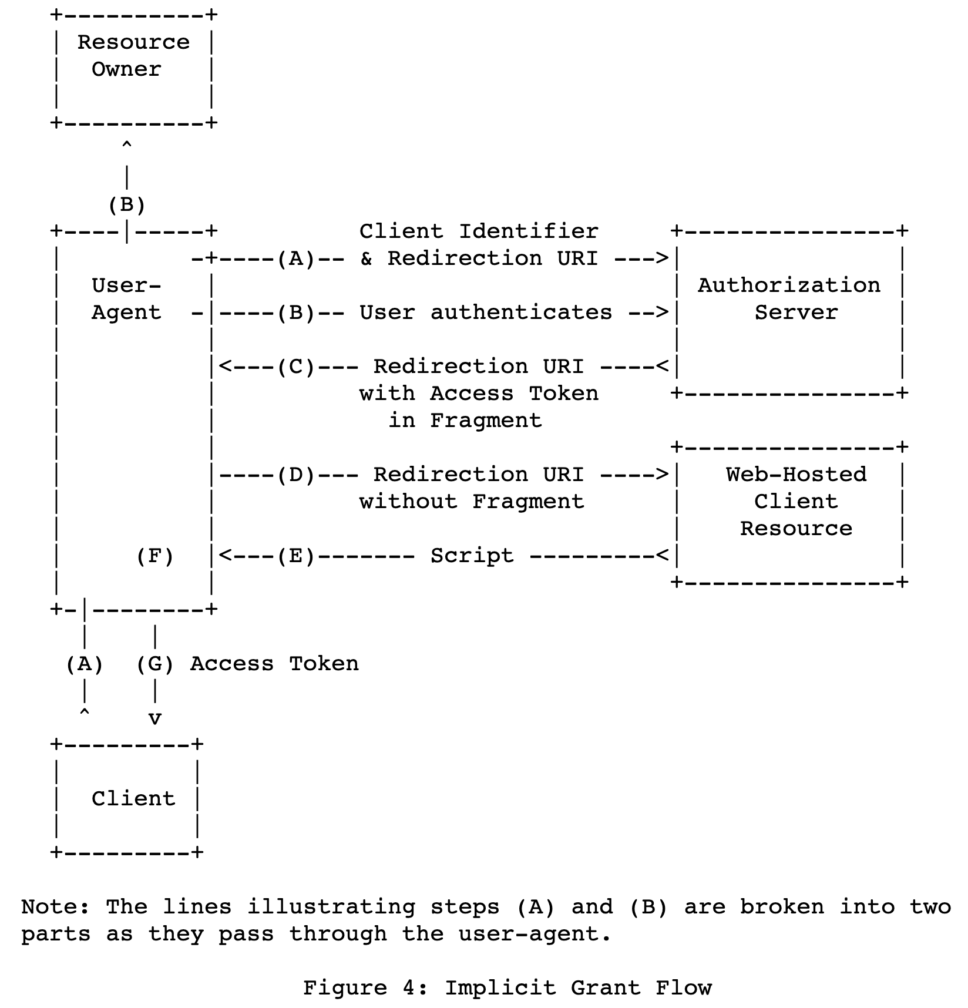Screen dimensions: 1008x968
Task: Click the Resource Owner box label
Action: click(x=133, y=56)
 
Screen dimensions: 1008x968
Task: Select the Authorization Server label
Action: click(x=789, y=299)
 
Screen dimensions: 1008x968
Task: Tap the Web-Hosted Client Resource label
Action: click(x=796, y=502)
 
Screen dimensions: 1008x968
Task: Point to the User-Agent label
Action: click(x=126, y=299)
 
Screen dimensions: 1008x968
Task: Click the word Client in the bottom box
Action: click(x=133, y=799)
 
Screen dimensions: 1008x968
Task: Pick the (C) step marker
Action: click(x=296, y=367)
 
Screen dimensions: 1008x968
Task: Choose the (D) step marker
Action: click(x=296, y=475)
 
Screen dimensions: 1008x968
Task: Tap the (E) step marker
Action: click(x=296, y=556)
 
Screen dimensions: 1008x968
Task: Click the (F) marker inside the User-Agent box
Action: click(x=155, y=556)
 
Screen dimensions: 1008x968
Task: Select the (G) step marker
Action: click(x=155, y=664)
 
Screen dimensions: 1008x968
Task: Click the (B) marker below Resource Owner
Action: click(x=127, y=205)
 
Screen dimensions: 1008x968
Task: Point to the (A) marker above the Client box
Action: click(x=85, y=664)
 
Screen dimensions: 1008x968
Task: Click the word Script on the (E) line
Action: click(x=472, y=556)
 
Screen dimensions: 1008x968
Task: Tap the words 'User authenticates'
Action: click(x=486, y=313)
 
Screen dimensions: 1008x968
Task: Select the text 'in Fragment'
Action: click(x=465, y=421)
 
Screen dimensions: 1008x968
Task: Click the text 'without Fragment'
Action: click(x=472, y=502)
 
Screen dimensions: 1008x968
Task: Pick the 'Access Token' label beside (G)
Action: click(x=274, y=664)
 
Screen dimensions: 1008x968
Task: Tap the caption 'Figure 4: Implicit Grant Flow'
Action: click(x=507, y=988)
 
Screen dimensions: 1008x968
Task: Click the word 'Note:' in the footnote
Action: click(x=56, y=907)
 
